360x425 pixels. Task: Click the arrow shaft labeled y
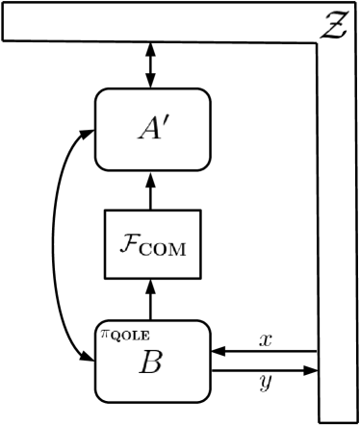point(260,369)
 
